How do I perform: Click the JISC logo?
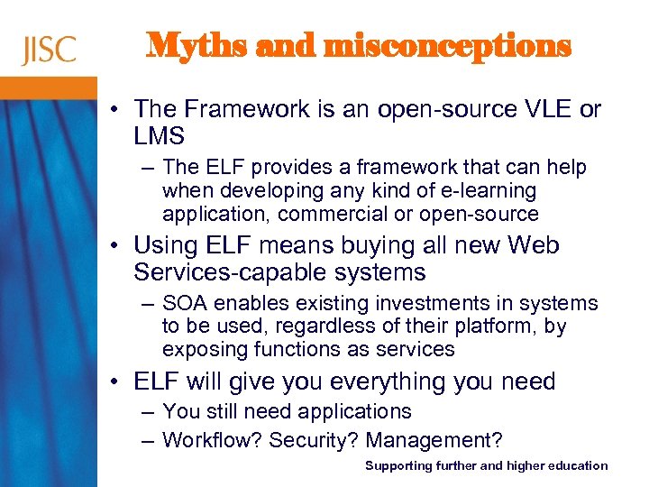coord(48,50)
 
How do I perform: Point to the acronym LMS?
coord(159,136)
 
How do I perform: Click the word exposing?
coord(199,349)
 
